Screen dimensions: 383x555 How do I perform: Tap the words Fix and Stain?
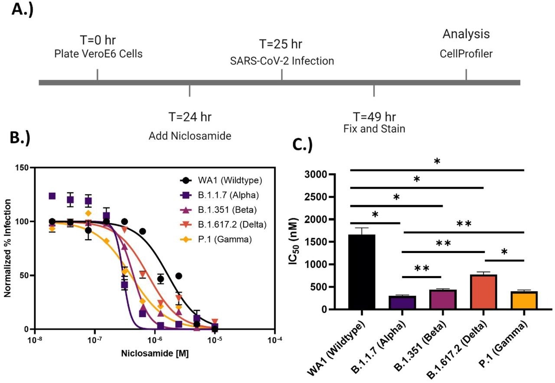[374, 129]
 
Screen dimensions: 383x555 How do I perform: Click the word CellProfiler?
[466, 54]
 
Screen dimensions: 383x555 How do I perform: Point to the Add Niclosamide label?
[190, 136]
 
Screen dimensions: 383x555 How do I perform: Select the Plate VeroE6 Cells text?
[98, 54]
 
